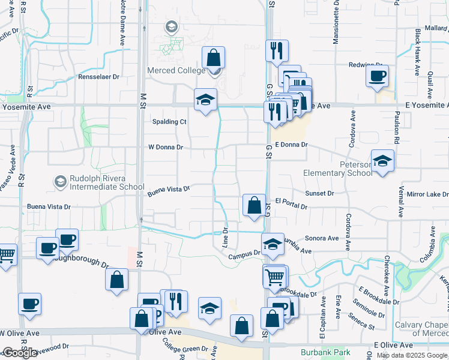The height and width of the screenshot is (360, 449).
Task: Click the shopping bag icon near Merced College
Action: [213, 58]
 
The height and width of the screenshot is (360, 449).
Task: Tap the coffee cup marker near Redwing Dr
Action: [377, 76]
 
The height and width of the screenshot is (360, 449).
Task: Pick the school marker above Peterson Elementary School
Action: [382, 161]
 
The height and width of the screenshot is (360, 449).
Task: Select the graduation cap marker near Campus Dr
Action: [273, 244]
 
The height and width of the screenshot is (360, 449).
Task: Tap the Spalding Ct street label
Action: [169, 121]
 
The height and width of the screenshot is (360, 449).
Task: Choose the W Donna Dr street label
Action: [165, 146]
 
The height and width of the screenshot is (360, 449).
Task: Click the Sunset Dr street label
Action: [319, 193]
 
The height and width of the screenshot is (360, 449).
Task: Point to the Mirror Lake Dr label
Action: [427, 195]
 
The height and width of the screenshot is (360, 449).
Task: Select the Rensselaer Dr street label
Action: [99, 77]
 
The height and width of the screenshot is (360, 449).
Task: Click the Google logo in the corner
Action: [19, 353]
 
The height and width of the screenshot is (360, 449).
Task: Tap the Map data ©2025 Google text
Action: [412, 355]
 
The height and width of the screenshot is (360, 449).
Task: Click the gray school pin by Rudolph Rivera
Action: [59, 181]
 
